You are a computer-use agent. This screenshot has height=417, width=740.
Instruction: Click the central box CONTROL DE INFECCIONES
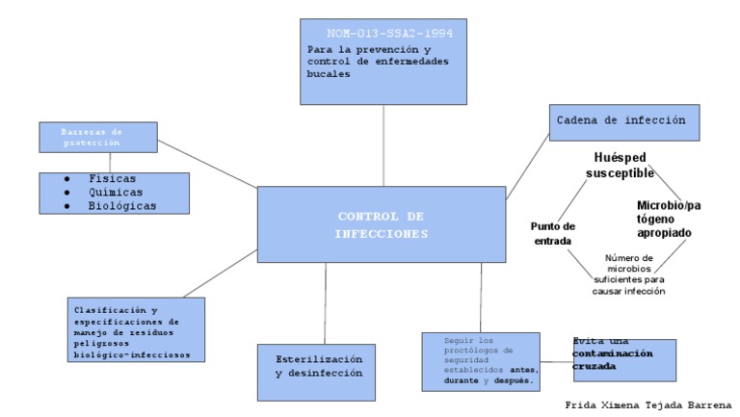point(383,223)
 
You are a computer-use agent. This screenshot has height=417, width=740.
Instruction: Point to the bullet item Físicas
point(112,179)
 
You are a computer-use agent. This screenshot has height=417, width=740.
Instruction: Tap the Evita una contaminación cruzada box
point(622,358)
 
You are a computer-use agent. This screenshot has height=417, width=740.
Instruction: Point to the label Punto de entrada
point(552,234)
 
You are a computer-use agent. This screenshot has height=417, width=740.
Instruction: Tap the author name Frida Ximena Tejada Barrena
point(648,404)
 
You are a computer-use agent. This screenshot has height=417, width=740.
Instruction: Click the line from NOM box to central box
point(383,144)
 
